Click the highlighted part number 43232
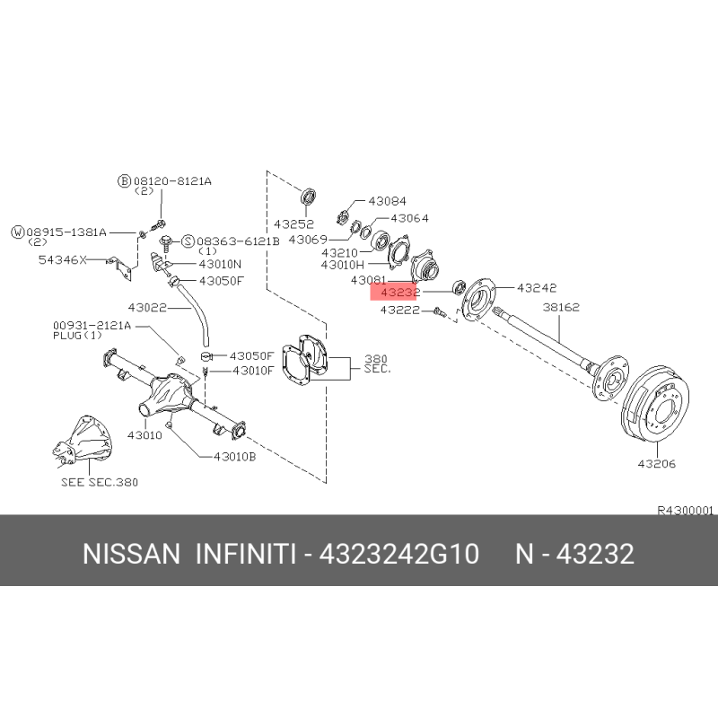(399, 292)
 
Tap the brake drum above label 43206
(655, 404)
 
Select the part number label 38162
(561, 307)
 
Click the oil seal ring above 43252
(308, 197)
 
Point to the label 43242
(537, 287)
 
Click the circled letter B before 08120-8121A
(124, 181)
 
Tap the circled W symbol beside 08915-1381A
(17, 232)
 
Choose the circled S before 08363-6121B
(188, 241)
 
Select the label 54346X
(62, 260)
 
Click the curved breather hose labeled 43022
(196, 311)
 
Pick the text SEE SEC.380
(100, 482)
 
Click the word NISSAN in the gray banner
(131, 554)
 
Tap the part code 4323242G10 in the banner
(398, 554)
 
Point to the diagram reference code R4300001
(686, 510)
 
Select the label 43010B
(234, 457)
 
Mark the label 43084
(387, 201)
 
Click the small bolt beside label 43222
(439, 311)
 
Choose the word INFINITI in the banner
(246, 554)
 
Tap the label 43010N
(220, 264)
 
